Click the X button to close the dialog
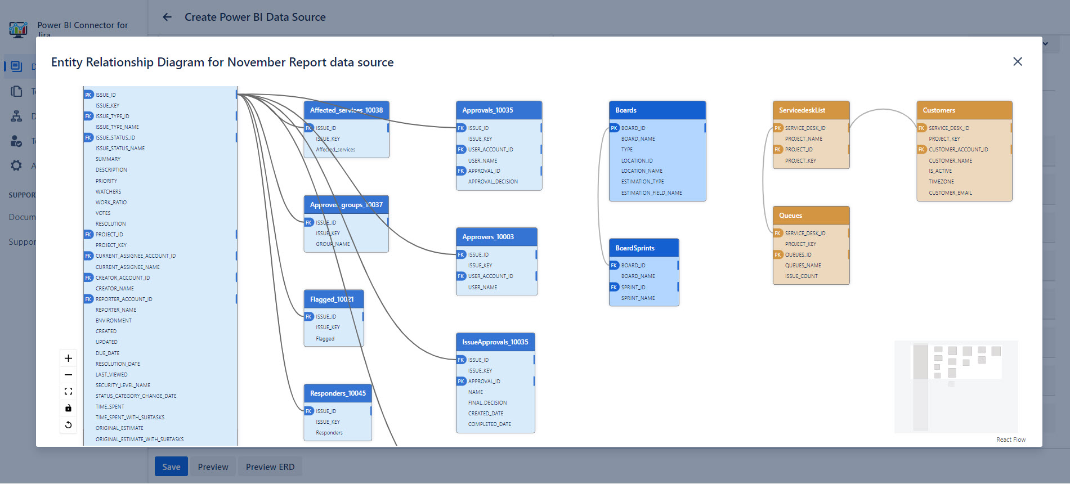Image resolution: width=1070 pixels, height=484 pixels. click(x=1017, y=62)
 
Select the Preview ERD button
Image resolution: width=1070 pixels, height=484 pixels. click(x=270, y=467)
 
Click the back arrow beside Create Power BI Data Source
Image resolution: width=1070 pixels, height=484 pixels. click(x=167, y=17)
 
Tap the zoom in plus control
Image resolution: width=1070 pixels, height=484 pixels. click(x=68, y=358)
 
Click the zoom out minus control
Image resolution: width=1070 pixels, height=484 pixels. click(x=68, y=375)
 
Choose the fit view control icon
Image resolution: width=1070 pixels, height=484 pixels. click(x=68, y=391)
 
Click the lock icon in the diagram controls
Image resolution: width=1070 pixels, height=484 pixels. click(x=68, y=408)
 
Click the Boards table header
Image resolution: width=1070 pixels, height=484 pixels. click(x=657, y=110)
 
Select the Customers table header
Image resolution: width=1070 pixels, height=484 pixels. click(x=964, y=110)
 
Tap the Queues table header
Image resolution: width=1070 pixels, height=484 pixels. click(x=811, y=216)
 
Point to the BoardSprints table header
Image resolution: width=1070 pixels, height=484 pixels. click(x=643, y=248)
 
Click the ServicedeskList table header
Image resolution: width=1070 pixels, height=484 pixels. click(x=811, y=110)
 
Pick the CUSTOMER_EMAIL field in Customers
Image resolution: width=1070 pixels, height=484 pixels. click(x=950, y=193)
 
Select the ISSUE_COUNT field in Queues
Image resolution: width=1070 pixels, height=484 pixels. click(x=801, y=276)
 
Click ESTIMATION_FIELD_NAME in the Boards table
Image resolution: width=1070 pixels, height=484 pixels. click(x=651, y=193)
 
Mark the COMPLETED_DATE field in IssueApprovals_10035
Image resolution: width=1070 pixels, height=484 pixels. click(x=489, y=424)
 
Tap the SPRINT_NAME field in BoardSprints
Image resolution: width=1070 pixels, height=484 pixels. click(x=638, y=298)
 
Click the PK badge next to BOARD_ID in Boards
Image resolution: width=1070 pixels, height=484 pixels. click(x=614, y=128)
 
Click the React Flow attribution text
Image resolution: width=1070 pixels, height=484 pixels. click(x=1010, y=440)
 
